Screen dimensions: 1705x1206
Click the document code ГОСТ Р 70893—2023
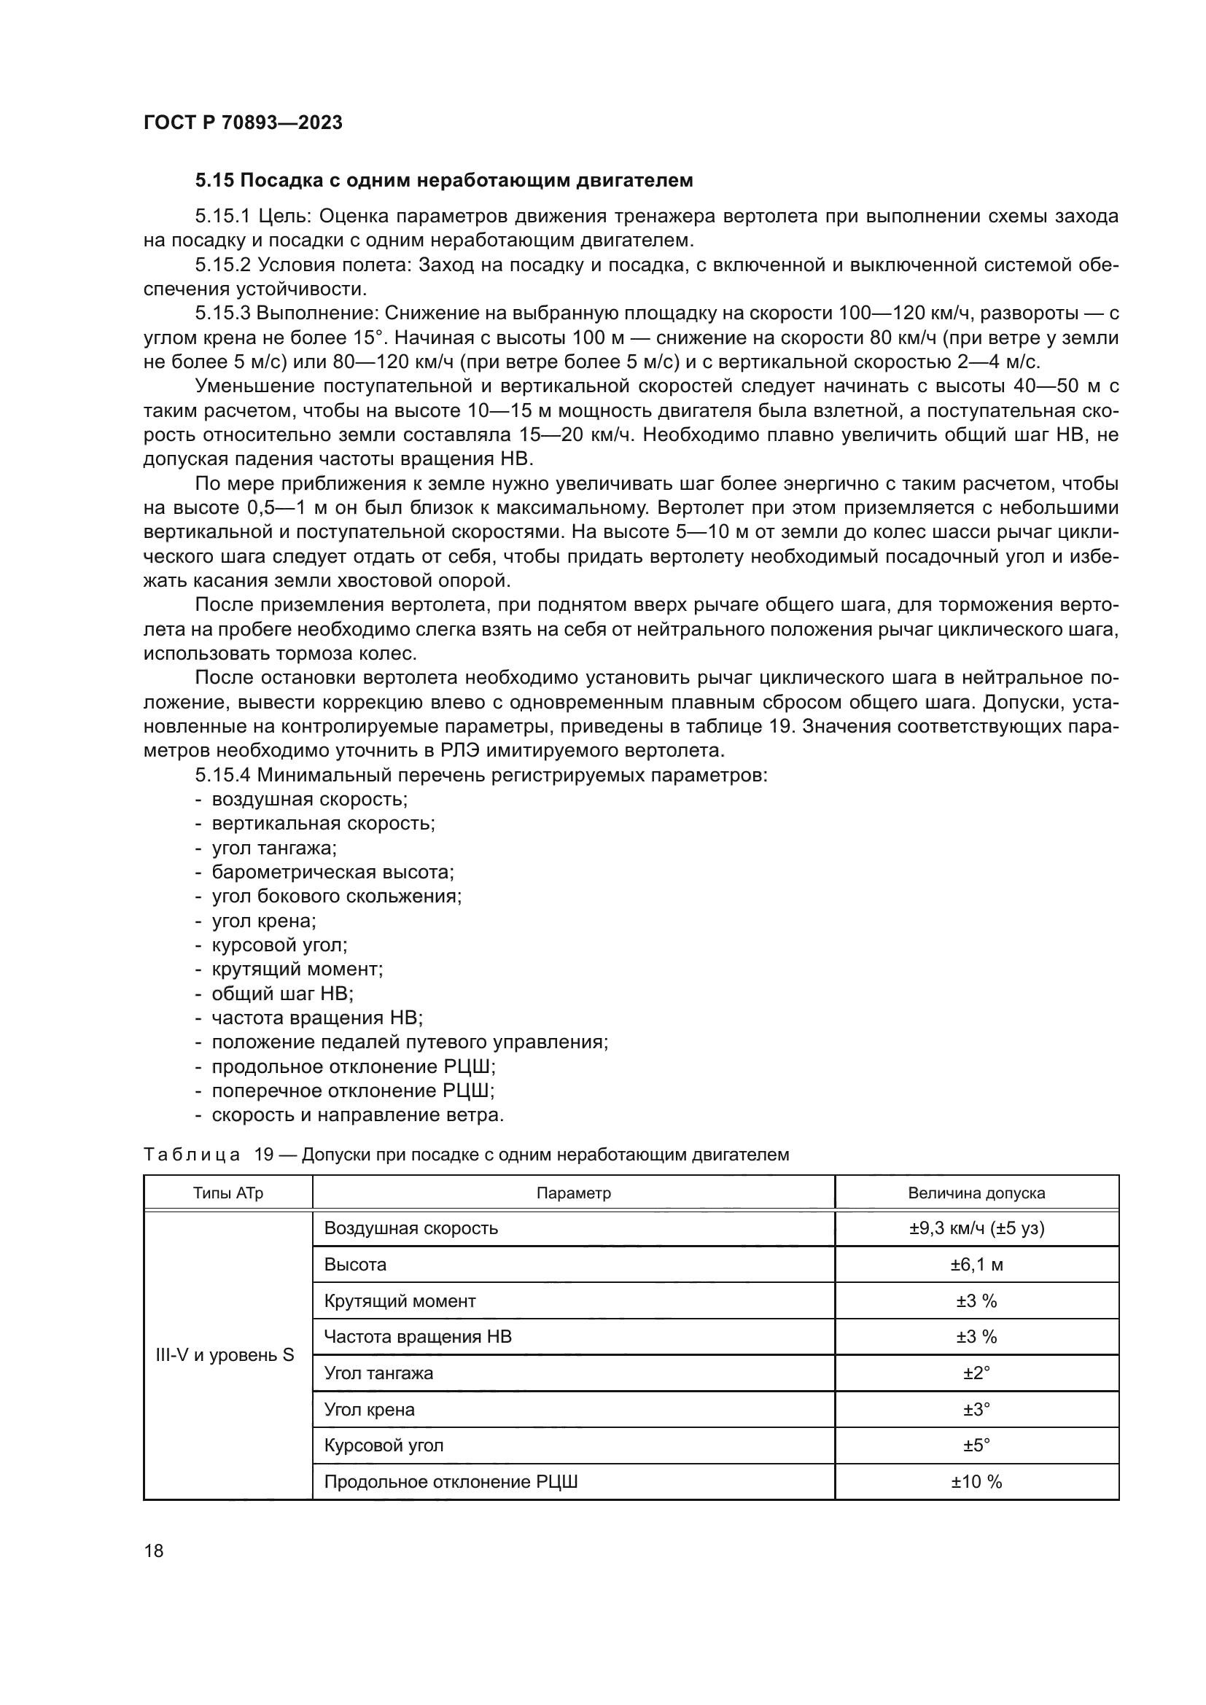point(243,122)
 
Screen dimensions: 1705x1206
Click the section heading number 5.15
point(214,181)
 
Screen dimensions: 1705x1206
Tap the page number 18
point(154,1550)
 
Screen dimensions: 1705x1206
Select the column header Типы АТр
point(228,1193)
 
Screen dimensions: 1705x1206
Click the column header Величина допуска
point(976,1193)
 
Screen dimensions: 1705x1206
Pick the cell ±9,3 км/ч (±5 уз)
point(976,1228)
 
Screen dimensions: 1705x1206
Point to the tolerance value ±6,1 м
point(976,1265)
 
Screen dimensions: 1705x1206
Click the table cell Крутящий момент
point(400,1301)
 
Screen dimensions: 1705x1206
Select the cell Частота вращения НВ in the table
point(417,1337)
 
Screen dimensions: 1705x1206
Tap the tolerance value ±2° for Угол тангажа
point(976,1373)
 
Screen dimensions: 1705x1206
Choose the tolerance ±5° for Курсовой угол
point(976,1445)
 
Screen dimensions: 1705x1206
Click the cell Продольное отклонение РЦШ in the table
point(451,1481)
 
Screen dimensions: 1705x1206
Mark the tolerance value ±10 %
point(976,1481)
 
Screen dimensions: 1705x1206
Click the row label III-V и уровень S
point(225,1355)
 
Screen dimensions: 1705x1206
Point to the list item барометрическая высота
point(332,872)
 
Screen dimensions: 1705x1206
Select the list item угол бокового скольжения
point(336,897)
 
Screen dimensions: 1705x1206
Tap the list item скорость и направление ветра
point(358,1115)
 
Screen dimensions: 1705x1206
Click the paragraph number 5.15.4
point(223,776)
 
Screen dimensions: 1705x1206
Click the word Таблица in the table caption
point(192,1155)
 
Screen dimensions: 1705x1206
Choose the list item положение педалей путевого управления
point(410,1042)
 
